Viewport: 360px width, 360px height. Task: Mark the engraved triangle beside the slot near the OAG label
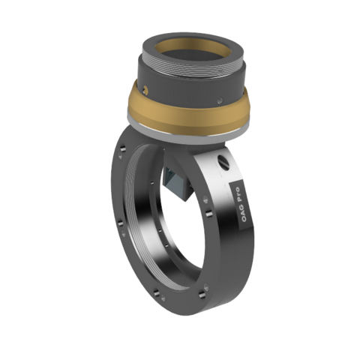tap(204, 201)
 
